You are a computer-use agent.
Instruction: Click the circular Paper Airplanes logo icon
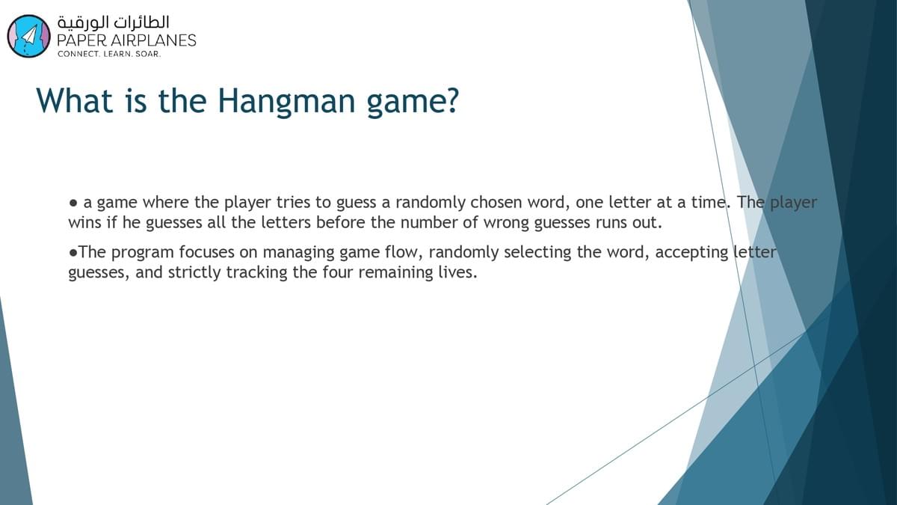(x=29, y=36)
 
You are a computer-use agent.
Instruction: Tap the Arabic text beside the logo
(x=114, y=22)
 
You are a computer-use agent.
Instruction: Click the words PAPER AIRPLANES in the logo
(x=126, y=40)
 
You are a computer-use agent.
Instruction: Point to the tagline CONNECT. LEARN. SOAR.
(x=109, y=54)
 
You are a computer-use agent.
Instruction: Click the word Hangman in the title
(x=286, y=102)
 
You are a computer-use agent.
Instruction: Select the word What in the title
(x=75, y=100)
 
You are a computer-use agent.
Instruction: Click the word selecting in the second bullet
(x=537, y=253)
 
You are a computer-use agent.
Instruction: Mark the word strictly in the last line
(x=194, y=272)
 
